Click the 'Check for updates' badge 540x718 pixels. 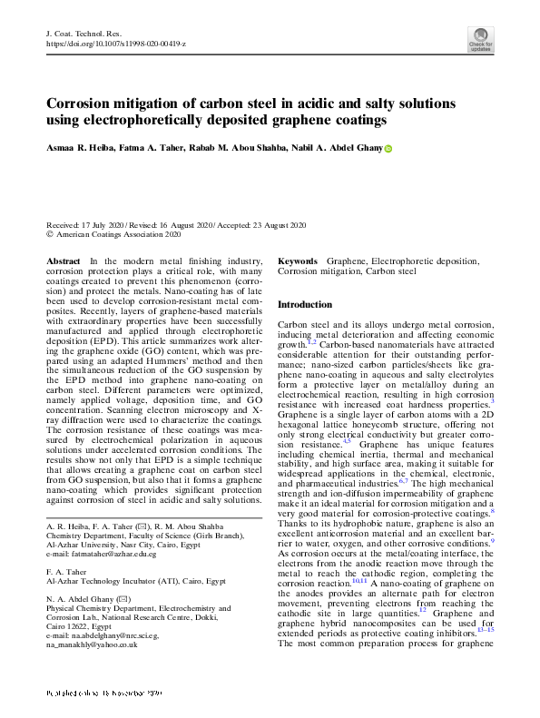pos(480,39)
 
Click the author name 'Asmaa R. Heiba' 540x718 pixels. pos(85,147)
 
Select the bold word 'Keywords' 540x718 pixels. pos(298,261)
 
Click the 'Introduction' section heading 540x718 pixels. pos(305,304)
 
